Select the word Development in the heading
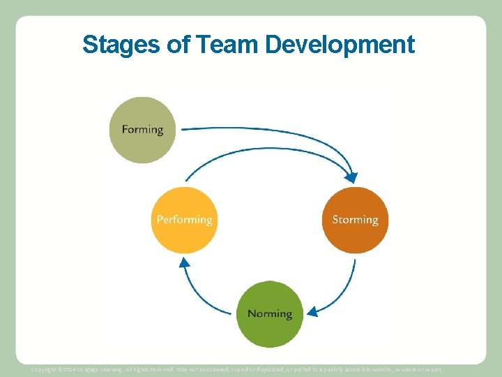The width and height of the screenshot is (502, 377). [340, 45]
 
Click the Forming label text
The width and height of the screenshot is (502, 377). [142, 130]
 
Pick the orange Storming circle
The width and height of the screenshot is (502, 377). [355, 237]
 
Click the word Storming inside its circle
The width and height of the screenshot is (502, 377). [355, 220]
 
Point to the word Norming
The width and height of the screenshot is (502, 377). [270, 313]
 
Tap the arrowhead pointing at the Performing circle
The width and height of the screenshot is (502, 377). [184, 264]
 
